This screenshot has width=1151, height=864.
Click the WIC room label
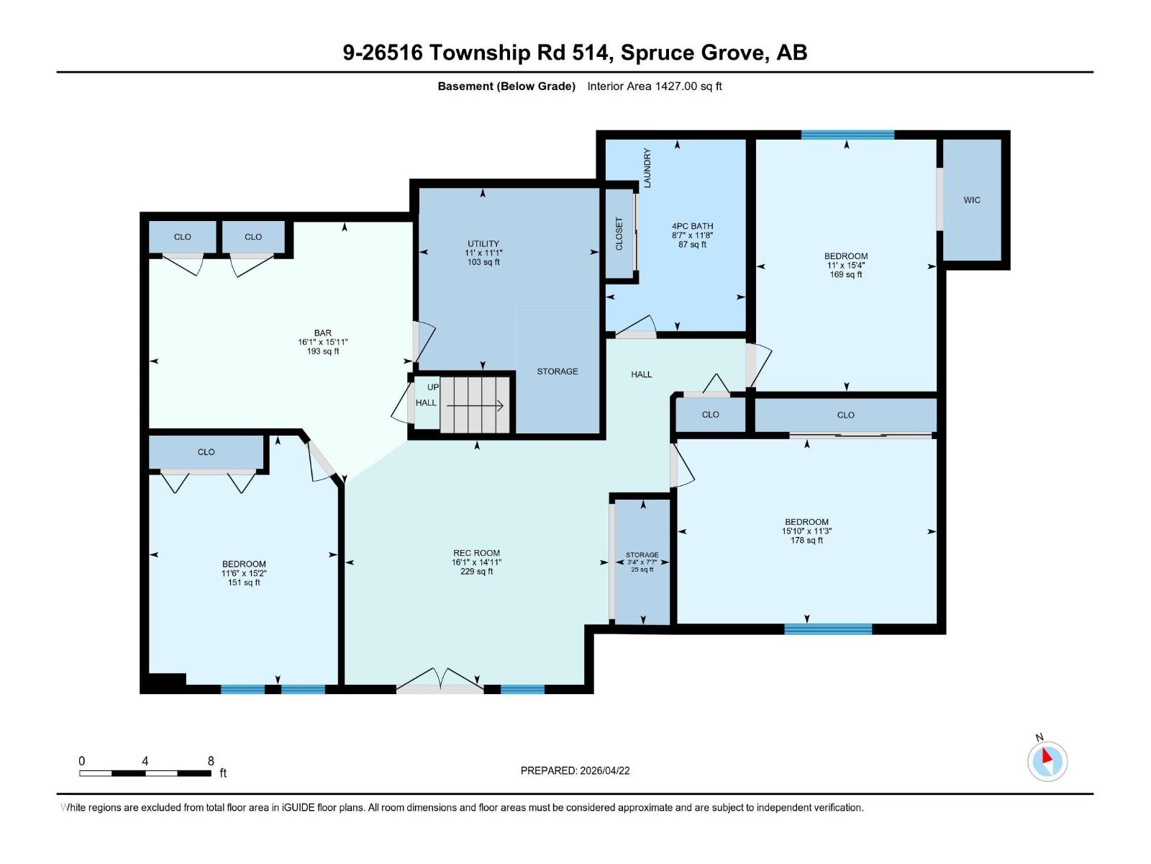(972, 200)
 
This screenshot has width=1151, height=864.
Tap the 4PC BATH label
(692, 226)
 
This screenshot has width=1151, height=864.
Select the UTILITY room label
(483, 244)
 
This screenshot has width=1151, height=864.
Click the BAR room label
(322, 333)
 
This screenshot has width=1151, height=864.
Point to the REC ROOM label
(476, 553)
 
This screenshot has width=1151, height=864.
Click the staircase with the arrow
(475, 406)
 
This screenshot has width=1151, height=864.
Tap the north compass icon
(1047, 760)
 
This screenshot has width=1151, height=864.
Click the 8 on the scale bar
(211, 760)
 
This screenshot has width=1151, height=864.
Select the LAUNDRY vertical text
(647, 168)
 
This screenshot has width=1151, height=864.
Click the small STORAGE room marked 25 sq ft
(642, 562)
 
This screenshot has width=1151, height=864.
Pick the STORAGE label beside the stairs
(557, 372)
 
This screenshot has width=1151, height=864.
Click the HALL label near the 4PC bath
(641, 374)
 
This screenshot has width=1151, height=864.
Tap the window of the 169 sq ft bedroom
(847, 135)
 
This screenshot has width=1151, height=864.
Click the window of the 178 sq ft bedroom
(828, 629)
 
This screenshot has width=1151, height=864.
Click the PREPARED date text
(575, 770)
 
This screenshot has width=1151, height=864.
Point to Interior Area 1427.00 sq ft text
(654, 86)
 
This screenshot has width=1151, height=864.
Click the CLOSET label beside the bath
(619, 234)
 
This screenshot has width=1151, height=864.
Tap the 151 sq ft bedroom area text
(244, 582)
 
